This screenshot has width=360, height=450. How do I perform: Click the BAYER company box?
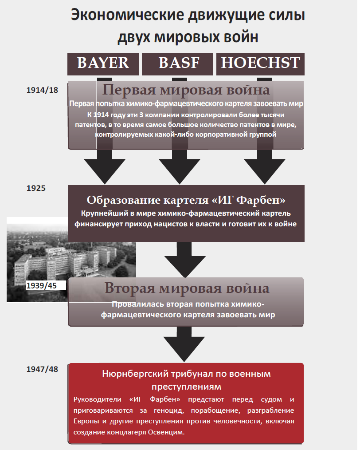tap(103, 63)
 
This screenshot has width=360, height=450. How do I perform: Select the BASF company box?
tap(179, 63)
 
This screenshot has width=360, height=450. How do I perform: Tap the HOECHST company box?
tap(260, 63)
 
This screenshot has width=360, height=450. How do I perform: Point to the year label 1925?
tap(36, 188)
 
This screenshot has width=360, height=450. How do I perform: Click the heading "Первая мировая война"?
tap(186, 90)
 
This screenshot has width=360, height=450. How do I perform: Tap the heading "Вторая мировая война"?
tap(187, 288)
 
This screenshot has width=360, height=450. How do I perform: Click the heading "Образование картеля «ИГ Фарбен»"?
tap(186, 199)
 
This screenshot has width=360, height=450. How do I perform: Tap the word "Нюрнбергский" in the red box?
tap(133, 374)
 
